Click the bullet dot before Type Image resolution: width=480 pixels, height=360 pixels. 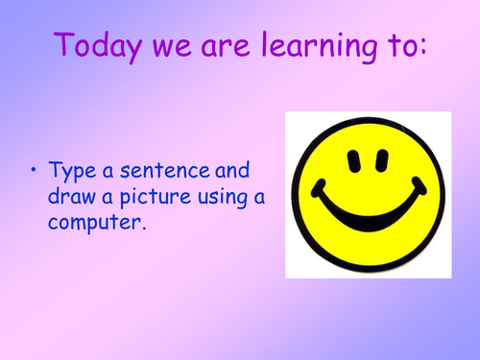(x=35, y=171)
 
